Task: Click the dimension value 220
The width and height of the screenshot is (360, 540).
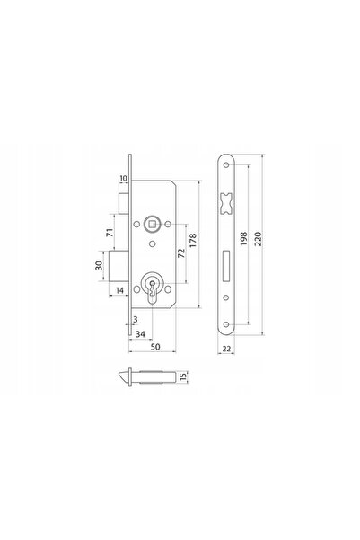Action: pos(259,239)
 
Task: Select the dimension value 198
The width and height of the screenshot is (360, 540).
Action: pos(243,239)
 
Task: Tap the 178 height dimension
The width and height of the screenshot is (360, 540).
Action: pos(193,240)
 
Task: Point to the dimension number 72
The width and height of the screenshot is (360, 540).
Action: pos(181,252)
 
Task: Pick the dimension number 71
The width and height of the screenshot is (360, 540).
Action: pos(110,233)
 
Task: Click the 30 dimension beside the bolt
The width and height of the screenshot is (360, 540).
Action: pos(99,265)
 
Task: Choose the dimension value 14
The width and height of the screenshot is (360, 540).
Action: pos(119,290)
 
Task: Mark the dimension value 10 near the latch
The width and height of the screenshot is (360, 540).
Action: pos(123,179)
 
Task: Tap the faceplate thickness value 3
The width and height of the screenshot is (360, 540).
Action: pos(136,320)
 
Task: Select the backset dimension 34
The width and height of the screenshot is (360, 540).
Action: pos(140,333)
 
